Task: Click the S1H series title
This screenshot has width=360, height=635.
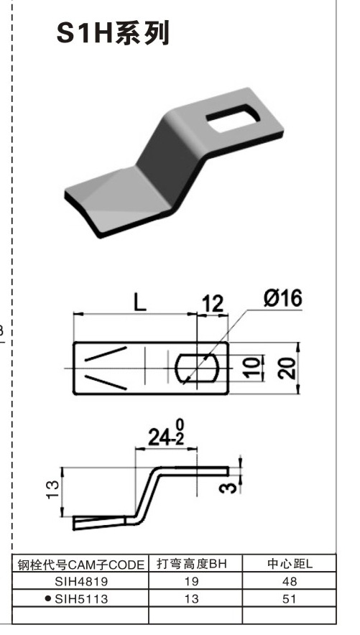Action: click(x=113, y=34)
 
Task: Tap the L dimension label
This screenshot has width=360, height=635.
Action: click(x=139, y=302)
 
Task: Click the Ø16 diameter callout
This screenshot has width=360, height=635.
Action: click(x=282, y=297)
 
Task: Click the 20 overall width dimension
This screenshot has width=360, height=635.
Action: click(x=287, y=368)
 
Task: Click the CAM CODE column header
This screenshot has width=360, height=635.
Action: click(x=81, y=565)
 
